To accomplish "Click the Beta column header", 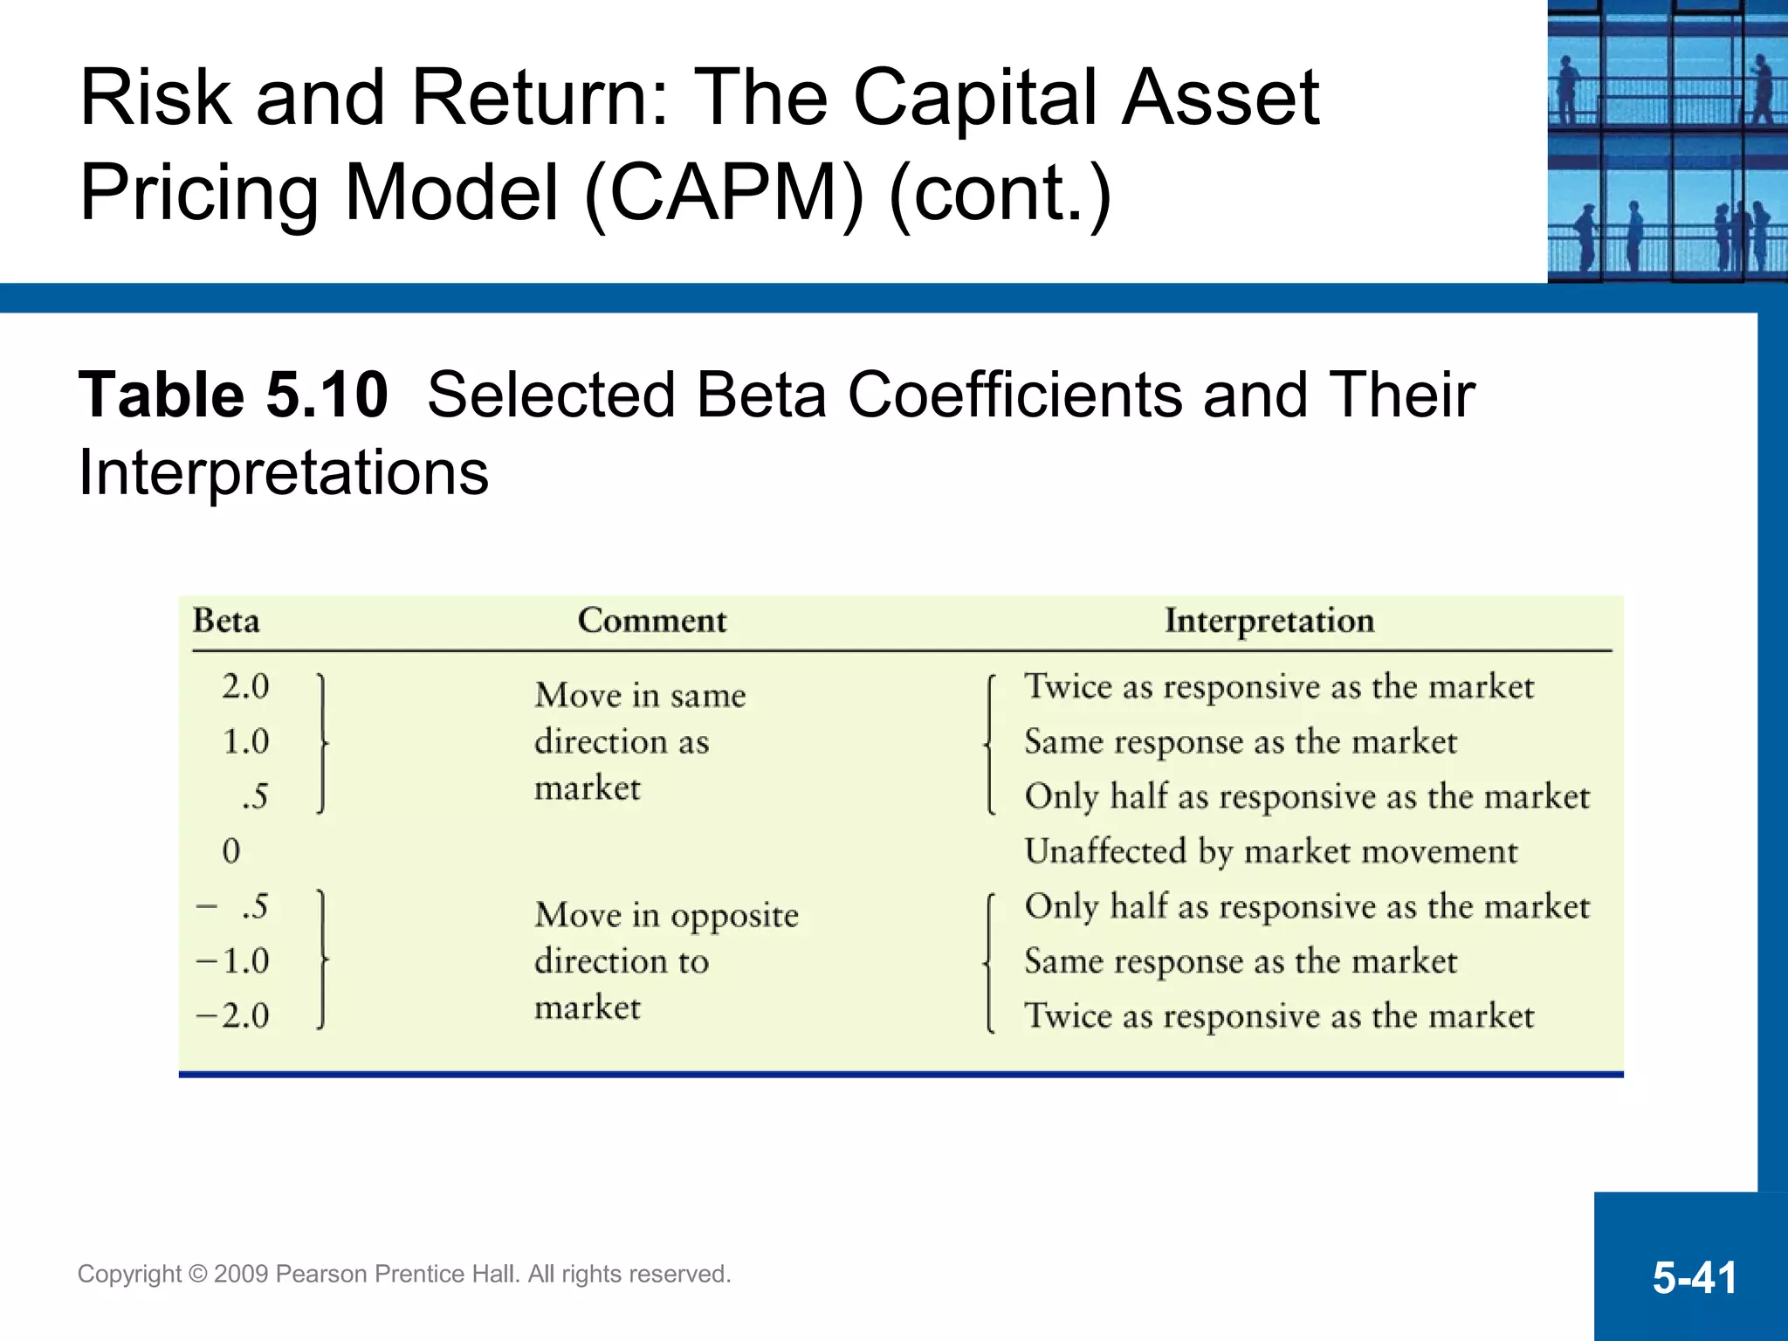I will click(226, 621).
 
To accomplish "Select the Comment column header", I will click(651, 621).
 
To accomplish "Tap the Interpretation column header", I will click(1269, 621).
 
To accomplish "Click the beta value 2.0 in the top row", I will click(245, 686).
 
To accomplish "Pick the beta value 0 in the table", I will click(230, 850).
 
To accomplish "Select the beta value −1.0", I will click(233, 961).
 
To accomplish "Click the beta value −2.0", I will click(233, 1015).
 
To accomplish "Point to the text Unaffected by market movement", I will click(1270, 851).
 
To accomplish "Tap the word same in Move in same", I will click(708, 696).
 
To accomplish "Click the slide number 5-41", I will click(1694, 1277).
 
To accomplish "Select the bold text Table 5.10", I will click(233, 395).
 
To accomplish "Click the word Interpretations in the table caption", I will click(284, 472).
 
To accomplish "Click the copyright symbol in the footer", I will click(198, 1274).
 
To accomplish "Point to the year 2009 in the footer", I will click(242, 1274).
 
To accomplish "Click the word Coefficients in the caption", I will click(1014, 395).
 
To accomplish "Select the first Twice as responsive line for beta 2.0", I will click(1278, 687).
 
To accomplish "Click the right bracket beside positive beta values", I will click(322, 743).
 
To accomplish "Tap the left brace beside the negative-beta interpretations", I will click(989, 963).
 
